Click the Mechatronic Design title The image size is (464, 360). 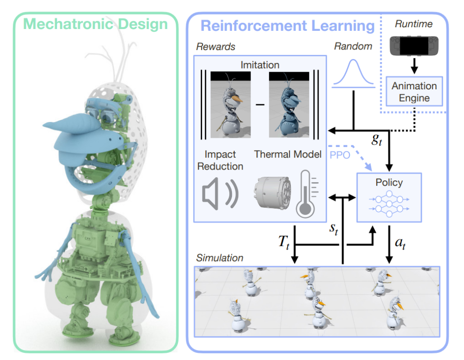click(x=95, y=24)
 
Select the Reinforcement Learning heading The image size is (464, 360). click(x=288, y=26)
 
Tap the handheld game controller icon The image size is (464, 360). click(x=414, y=46)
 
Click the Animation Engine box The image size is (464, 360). click(x=414, y=92)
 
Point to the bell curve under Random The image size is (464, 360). click(x=353, y=73)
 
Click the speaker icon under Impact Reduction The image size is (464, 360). click(x=220, y=194)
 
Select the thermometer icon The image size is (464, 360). click(x=307, y=194)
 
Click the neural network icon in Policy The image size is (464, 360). click(x=389, y=204)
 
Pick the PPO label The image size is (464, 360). click(x=340, y=155)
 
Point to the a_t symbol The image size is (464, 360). click(x=400, y=243)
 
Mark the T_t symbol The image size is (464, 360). click(x=284, y=243)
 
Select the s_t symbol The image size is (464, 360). click(x=334, y=229)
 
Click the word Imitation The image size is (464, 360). click(x=260, y=65)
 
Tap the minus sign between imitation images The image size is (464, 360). click(x=260, y=105)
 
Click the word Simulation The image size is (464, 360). click(x=220, y=258)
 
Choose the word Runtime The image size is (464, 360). click(x=414, y=24)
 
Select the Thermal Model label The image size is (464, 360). click(x=288, y=154)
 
